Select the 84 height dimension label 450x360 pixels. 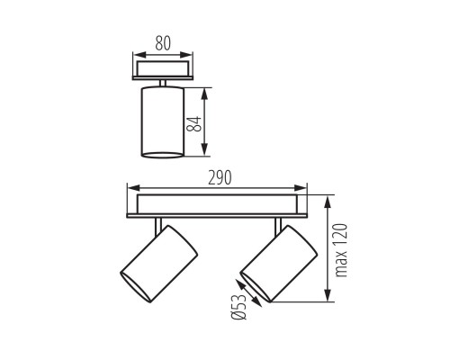193,122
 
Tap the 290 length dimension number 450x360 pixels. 218,177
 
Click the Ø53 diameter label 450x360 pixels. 236,309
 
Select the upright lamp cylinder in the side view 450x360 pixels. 162,122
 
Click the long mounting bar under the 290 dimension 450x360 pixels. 218,205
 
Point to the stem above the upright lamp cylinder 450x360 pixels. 163,84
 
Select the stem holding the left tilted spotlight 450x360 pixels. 157,225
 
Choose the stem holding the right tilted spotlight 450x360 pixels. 279,225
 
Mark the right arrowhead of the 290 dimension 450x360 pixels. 304,189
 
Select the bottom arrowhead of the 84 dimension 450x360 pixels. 207,154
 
